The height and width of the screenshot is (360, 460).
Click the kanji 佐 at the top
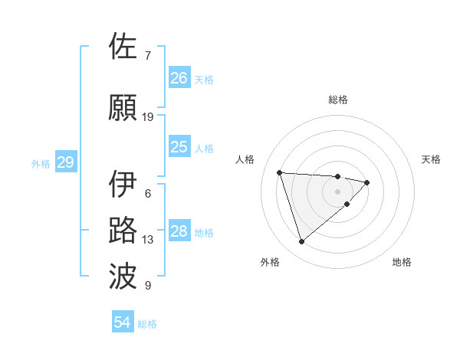[123, 47]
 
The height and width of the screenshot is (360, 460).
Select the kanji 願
[123, 108]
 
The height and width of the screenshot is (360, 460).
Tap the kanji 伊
[123, 185]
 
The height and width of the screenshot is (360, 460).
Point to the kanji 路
[123, 231]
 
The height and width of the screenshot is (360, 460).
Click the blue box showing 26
[179, 78]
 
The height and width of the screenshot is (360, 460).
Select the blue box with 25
[179, 147]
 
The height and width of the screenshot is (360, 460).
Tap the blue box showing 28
[179, 231]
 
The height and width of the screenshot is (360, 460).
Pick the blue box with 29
[65, 162]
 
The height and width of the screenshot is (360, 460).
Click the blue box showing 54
[123, 323]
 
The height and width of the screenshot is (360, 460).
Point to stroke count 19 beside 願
[148, 117]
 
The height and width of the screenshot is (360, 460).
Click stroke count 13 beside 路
[148, 240]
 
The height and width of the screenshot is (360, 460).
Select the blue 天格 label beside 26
[204, 79]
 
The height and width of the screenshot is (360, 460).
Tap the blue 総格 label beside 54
[147, 324]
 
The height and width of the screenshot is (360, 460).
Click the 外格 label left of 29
[41, 163]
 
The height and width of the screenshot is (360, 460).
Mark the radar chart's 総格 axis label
[337, 100]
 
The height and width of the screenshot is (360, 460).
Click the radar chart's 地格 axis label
[402, 262]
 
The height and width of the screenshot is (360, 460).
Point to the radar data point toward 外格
[301, 242]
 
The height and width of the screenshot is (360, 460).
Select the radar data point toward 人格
[279, 172]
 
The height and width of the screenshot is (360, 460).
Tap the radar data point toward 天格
[367, 182]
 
